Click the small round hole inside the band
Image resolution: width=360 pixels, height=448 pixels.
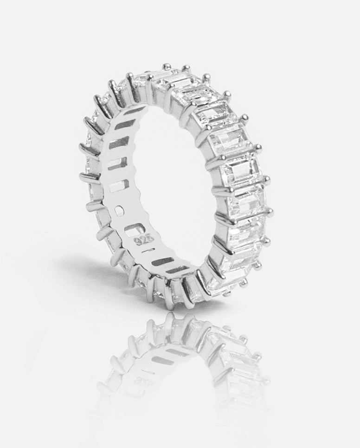point(119,211)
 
